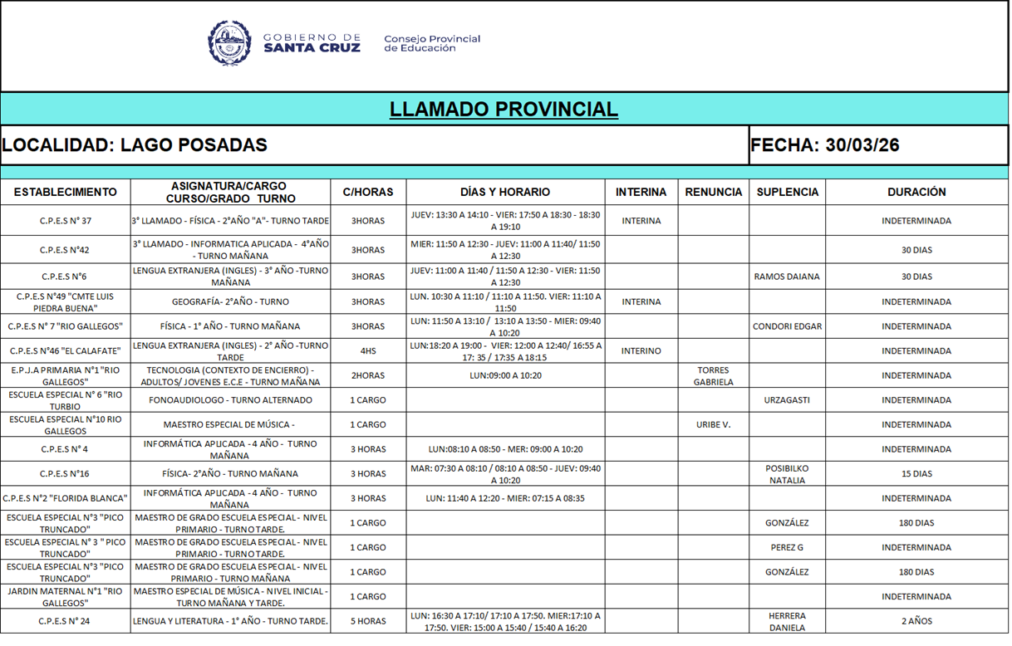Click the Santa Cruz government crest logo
(x=229, y=43)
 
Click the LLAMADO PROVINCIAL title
(x=504, y=110)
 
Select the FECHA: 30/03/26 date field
(x=824, y=145)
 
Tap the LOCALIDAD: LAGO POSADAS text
(x=135, y=145)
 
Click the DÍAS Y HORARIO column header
(x=505, y=192)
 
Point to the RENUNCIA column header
(x=713, y=192)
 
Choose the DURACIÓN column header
(x=916, y=192)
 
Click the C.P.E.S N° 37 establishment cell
(x=66, y=221)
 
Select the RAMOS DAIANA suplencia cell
(x=786, y=277)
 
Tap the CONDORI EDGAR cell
(x=786, y=326)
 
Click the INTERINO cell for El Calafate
(x=641, y=351)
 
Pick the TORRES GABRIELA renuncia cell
(x=713, y=376)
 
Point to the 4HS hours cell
(x=368, y=351)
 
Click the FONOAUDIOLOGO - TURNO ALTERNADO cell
(x=230, y=400)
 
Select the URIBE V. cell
(x=713, y=424)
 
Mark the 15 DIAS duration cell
(x=916, y=474)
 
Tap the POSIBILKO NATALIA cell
(x=786, y=474)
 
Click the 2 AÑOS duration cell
(x=916, y=621)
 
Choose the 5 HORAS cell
(x=368, y=621)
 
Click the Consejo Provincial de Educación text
(x=432, y=43)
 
